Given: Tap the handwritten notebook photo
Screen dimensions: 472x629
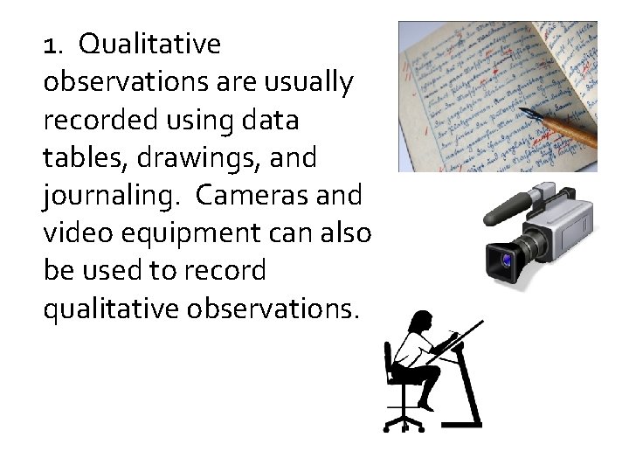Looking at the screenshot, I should (x=497, y=96).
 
